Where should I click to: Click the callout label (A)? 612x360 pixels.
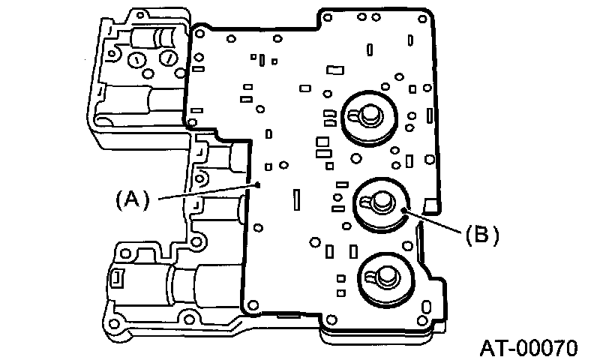133,199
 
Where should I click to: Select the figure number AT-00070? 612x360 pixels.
529,348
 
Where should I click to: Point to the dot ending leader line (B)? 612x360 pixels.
404,211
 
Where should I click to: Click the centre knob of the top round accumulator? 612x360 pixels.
369,113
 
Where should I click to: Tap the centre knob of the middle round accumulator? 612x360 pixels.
378,199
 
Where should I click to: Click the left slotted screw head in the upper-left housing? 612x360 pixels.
138,60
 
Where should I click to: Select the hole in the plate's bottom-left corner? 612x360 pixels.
253,304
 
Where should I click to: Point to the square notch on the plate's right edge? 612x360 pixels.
429,205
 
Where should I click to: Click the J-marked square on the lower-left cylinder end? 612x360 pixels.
118,278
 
